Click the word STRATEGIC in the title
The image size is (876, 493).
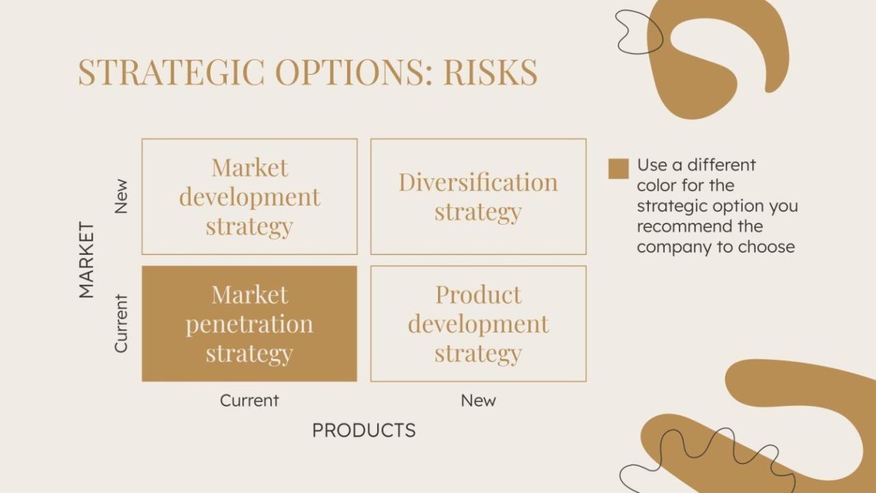(171, 72)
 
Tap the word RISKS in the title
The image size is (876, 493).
(490, 72)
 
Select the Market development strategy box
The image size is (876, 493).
(249, 197)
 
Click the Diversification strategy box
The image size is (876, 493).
(478, 197)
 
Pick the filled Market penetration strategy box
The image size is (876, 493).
(249, 323)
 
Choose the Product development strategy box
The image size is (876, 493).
(478, 323)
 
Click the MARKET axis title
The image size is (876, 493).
(86, 260)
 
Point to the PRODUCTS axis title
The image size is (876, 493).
(363, 430)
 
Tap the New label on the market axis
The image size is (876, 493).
(121, 197)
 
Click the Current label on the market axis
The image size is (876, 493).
(121, 323)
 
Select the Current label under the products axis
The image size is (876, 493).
(249, 401)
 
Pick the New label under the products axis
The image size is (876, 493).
(478, 401)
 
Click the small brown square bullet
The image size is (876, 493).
(618, 168)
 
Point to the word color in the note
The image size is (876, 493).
(655, 186)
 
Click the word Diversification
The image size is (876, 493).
(478, 182)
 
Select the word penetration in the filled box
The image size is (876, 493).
(249, 323)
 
